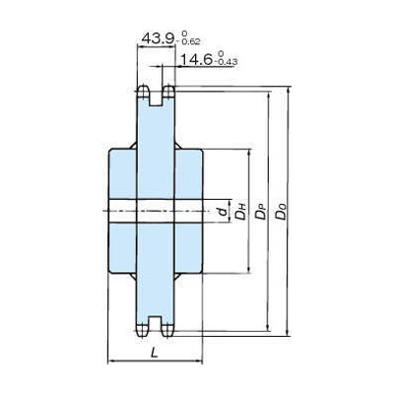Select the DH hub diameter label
(239, 210)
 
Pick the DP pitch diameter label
(261, 211)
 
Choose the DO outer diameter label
(284, 211)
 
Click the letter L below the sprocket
(154, 352)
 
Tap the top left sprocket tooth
(144, 94)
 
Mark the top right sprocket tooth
(168, 94)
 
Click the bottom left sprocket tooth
(144, 328)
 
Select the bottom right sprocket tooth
(168, 328)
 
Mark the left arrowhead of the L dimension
(109, 361)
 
